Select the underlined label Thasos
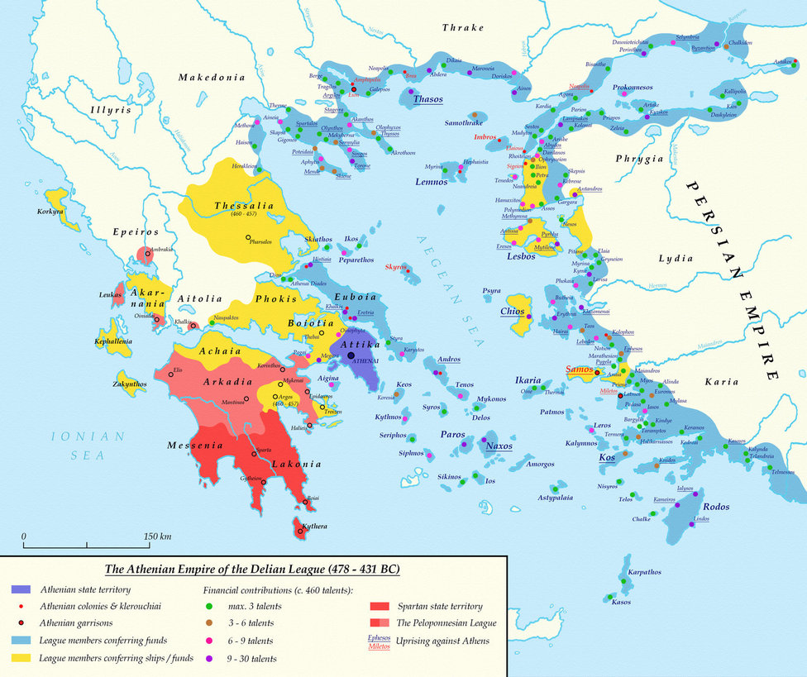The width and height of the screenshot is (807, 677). (x=427, y=99)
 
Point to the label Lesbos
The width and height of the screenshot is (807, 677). (x=523, y=256)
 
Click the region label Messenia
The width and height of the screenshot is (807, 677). (x=196, y=446)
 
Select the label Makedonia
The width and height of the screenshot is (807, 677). (x=212, y=77)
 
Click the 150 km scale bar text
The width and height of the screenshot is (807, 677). (x=157, y=536)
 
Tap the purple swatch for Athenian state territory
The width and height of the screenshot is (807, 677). (x=21, y=589)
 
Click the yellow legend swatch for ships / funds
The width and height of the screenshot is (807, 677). (x=21, y=658)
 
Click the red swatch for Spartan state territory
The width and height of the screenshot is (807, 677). (x=380, y=607)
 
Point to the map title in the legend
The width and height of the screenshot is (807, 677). (x=251, y=570)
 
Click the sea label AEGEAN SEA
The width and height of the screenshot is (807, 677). (x=443, y=274)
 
